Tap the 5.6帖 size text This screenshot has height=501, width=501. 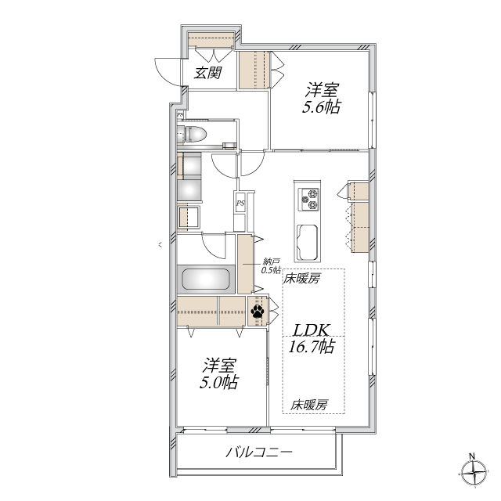[x=321, y=107]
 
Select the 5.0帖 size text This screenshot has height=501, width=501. [x=219, y=382]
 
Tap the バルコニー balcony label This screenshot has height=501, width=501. [x=259, y=452]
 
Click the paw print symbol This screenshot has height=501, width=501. [x=258, y=312]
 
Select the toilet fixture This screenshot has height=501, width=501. [x=195, y=135]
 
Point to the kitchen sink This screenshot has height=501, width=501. [x=306, y=240]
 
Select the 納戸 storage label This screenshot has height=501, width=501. [x=271, y=262]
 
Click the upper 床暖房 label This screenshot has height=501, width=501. [x=302, y=278]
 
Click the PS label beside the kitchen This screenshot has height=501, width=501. [x=240, y=204]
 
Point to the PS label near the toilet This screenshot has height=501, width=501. [x=181, y=116]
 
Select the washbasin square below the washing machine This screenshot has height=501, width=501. [x=189, y=217]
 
